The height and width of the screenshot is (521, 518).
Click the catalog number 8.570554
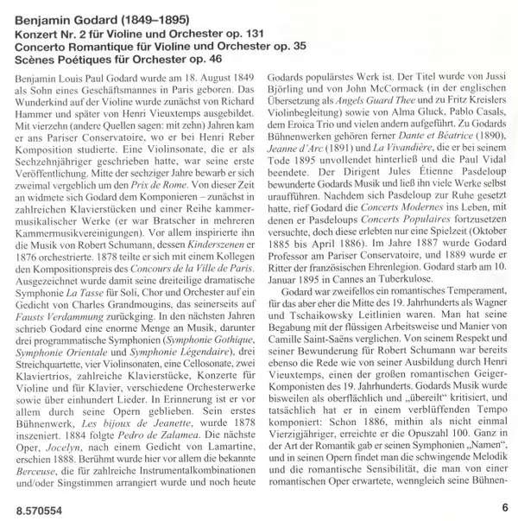(35, 509)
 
